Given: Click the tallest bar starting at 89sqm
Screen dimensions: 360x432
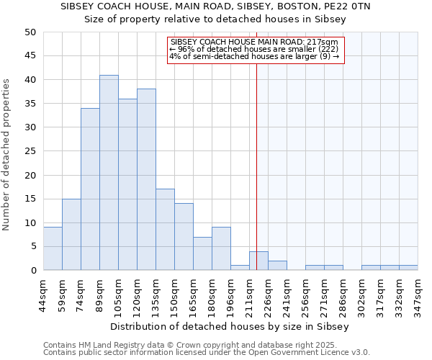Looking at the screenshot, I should tap(109, 173).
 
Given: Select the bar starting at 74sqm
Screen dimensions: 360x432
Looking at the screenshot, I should tap(90, 189).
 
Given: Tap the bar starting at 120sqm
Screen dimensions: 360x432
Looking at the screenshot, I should tap(146, 180).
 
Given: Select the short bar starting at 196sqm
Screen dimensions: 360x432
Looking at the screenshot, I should tap(240, 268).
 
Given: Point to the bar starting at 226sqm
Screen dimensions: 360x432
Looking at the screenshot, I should tap(277, 266).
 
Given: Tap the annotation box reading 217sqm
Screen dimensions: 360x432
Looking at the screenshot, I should tap(256, 49).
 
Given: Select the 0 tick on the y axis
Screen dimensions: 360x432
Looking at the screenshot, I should tap(32, 271).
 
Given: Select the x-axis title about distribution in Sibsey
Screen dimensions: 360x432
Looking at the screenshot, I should tap(230, 326).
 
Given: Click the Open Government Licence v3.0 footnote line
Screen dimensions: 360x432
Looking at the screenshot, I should tap(207, 353).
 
